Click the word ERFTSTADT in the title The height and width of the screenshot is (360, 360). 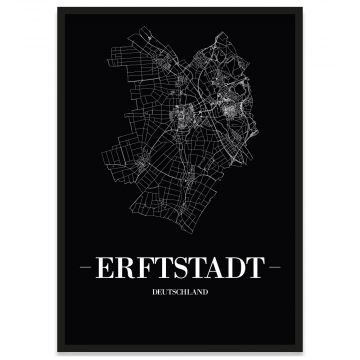click(180, 268)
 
